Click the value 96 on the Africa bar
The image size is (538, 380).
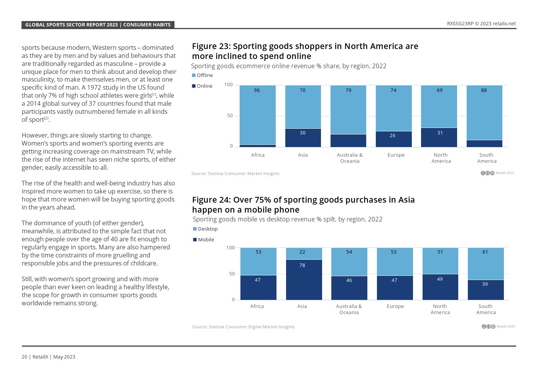[x=257, y=90]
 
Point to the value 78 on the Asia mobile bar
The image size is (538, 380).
[x=302, y=265]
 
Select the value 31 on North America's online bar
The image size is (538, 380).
[x=440, y=133]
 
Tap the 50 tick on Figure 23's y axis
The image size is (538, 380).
[x=230, y=116]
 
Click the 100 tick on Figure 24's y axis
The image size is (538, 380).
[x=230, y=248]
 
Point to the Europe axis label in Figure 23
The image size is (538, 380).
[x=396, y=155]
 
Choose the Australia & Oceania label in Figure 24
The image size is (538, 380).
[x=349, y=309]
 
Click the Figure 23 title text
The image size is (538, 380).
[x=305, y=51]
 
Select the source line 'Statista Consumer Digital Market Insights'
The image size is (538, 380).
[x=243, y=327]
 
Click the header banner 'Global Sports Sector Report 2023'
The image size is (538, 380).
[x=98, y=25]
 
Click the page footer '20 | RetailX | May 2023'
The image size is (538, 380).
[x=48, y=357]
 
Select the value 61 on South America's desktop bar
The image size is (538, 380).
[x=485, y=252]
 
